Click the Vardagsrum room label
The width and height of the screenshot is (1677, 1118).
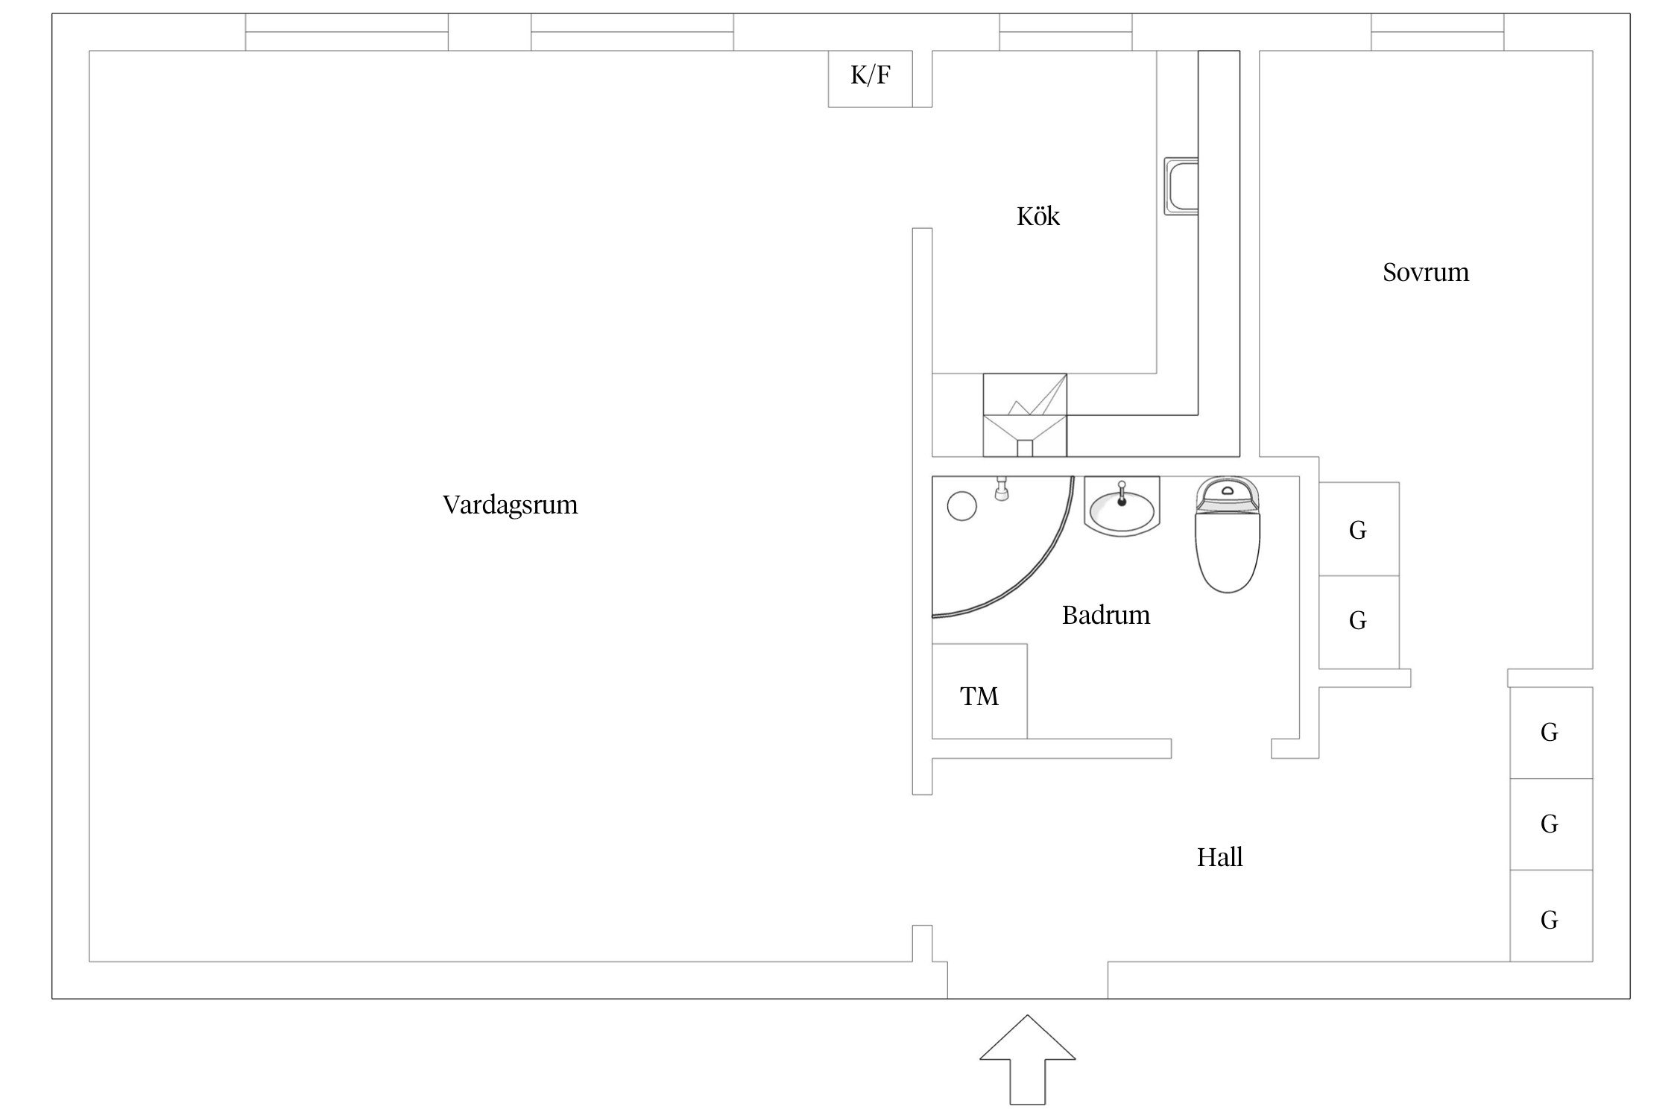point(510,505)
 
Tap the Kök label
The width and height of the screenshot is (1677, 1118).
point(1038,216)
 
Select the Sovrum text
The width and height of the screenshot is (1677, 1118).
point(1425,272)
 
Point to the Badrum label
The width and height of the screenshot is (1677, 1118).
point(1105,615)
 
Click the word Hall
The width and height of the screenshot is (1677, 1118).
point(1219,857)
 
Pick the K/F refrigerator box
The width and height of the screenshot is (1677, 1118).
point(870,78)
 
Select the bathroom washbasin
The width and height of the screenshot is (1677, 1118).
point(1122,507)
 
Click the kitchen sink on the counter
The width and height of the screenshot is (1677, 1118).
point(1181,186)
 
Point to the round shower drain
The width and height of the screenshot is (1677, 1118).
point(961,507)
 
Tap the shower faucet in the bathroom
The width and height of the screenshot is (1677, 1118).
point(1002,489)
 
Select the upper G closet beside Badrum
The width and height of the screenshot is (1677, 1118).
point(1358,529)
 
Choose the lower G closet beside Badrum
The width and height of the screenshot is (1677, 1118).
point(1358,621)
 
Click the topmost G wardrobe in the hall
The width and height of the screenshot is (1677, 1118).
point(1550,733)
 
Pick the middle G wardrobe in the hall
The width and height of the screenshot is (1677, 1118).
point(1550,824)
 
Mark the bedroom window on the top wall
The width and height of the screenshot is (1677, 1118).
point(1437,32)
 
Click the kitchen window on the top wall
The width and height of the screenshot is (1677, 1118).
point(1065,32)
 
